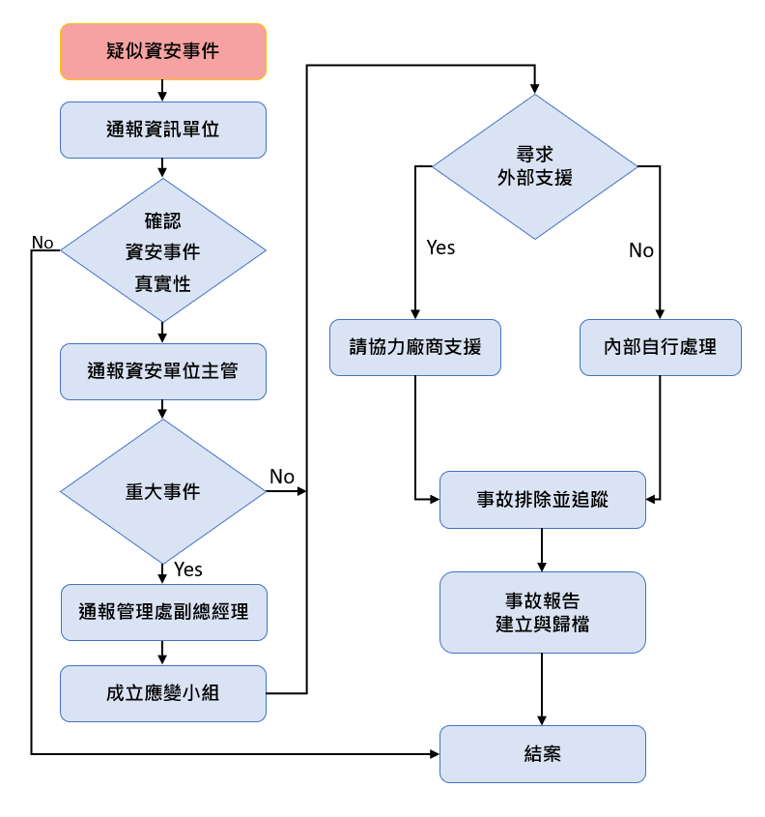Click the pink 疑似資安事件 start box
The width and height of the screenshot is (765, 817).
[x=162, y=51]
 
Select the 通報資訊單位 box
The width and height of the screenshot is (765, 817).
[x=162, y=130]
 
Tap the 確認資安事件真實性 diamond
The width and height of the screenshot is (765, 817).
[x=162, y=250]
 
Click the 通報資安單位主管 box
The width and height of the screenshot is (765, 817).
[x=162, y=371]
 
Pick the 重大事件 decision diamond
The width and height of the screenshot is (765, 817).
[x=162, y=491]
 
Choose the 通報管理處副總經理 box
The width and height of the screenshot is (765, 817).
[x=163, y=612]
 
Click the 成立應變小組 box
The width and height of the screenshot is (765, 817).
[x=162, y=693]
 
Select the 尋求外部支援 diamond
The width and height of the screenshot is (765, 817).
[x=534, y=166]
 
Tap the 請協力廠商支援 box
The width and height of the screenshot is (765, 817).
[x=415, y=347]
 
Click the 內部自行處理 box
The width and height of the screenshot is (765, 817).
[x=661, y=347]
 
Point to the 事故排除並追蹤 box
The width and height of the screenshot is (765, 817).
[x=542, y=500]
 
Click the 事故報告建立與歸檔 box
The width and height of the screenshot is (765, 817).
[x=542, y=612]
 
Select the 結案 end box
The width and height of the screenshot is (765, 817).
[x=542, y=753]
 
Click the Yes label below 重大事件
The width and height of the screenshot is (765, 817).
[x=188, y=569]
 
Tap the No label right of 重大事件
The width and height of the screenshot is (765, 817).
[x=282, y=477]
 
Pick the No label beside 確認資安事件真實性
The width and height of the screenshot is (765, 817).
[x=42, y=242]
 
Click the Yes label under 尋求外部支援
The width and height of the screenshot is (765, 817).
[x=440, y=248]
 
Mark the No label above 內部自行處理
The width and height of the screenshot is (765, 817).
[x=641, y=251]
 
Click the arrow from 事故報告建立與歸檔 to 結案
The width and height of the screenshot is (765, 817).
[x=542, y=688]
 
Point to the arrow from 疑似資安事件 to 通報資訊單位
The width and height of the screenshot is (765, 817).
[x=162, y=90]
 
